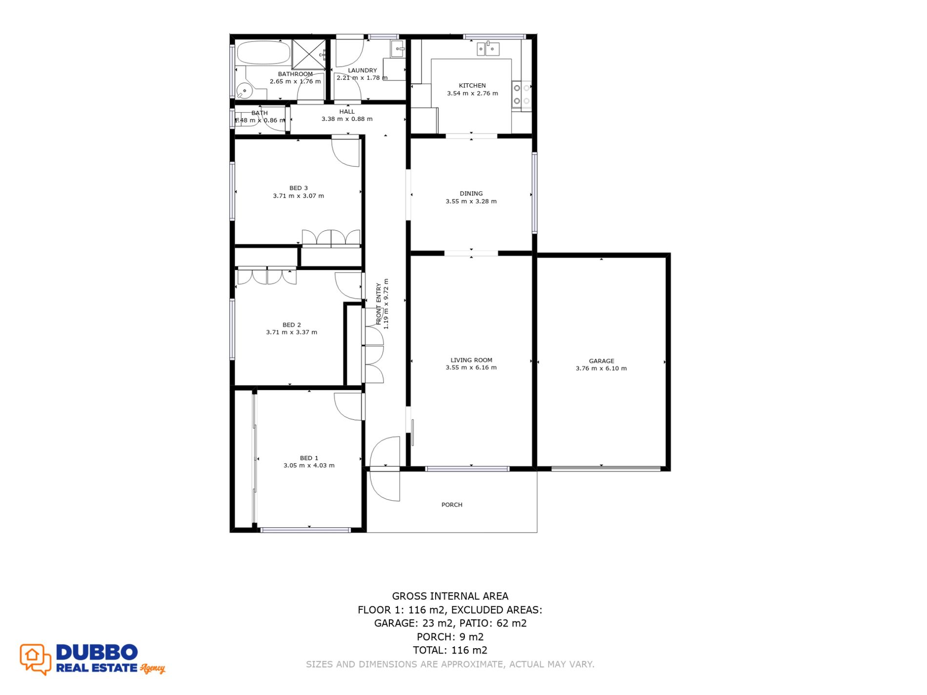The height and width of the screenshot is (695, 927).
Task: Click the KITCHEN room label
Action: pyautogui.click(x=472, y=85)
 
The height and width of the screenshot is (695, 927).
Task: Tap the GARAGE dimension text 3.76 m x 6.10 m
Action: pyautogui.click(x=601, y=368)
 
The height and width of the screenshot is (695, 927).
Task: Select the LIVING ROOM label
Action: pyautogui.click(x=471, y=360)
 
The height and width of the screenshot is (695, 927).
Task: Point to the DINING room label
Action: pyautogui.click(x=471, y=193)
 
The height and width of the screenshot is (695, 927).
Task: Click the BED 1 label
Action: pyautogui.click(x=309, y=458)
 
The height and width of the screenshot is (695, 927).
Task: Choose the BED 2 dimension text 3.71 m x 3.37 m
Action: pyautogui.click(x=291, y=332)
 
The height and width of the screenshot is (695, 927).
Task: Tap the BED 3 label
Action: pyautogui.click(x=299, y=188)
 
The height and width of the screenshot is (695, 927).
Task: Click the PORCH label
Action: pyautogui.click(x=452, y=505)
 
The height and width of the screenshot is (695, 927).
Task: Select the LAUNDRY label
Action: pyautogui.click(x=363, y=70)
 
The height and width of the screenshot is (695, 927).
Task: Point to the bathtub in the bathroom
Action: pyautogui.click(x=263, y=53)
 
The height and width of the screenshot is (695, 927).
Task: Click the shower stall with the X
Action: pyautogui.click(x=308, y=54)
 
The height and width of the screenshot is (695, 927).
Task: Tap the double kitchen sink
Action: pyautogui.click(x=488, y=49)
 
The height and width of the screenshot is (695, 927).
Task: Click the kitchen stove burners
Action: pyautogui.click(x=522, y=95)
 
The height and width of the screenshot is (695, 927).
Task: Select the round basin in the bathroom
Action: pyautogui.click(x=243, y=90)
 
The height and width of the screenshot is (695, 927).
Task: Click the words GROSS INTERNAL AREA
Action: pyautogui.click(x=450, y=596)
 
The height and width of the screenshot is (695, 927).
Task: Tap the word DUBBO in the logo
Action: pyautogui.click(x=97, y=652)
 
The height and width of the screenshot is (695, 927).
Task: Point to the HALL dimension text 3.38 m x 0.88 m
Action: pyautogui.click(x=347, y=119)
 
